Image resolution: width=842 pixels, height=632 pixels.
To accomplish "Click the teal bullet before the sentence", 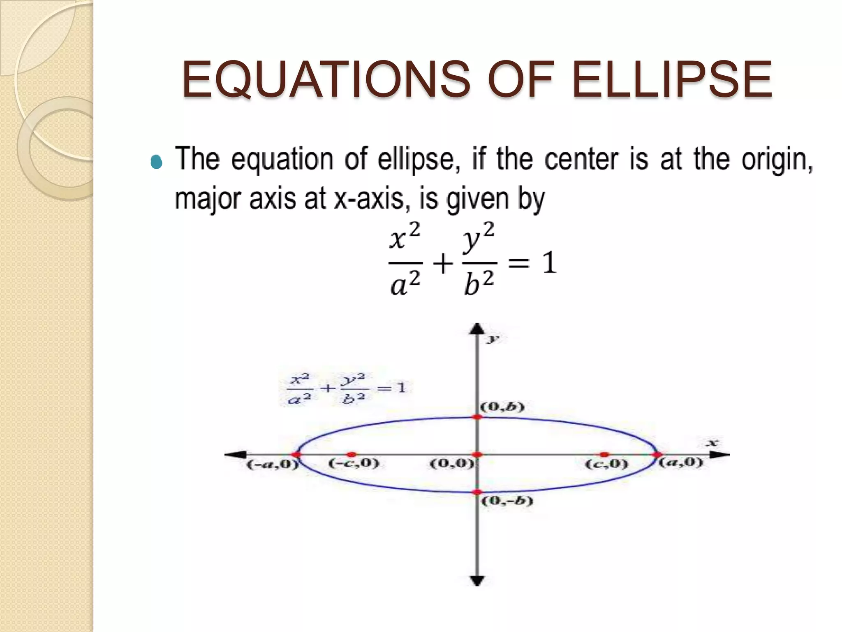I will click(x=157, y=163).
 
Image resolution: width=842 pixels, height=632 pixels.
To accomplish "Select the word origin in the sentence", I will click(x=777, y=160).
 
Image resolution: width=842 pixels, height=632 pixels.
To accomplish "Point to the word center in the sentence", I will click(x=581, y=160).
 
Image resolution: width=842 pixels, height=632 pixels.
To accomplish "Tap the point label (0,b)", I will click(x=502, y=407).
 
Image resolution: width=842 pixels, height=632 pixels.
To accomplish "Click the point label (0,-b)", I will click(x=507, y=501).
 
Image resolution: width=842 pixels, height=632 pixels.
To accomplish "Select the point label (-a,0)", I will click(x=272, y=465).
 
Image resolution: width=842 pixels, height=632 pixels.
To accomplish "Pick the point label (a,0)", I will click(x=681, y=462).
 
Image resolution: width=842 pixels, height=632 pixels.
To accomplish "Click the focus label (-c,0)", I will click(x=353, y=463).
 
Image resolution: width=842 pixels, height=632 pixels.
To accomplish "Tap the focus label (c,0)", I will click(x=606, y=464).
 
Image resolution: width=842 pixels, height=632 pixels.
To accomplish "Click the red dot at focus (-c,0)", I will click(x=352, y=455).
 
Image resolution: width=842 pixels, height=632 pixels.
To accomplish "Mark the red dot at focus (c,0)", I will click(x=604, y=455).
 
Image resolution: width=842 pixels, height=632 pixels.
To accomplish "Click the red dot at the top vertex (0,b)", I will click(x=477, y=417).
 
